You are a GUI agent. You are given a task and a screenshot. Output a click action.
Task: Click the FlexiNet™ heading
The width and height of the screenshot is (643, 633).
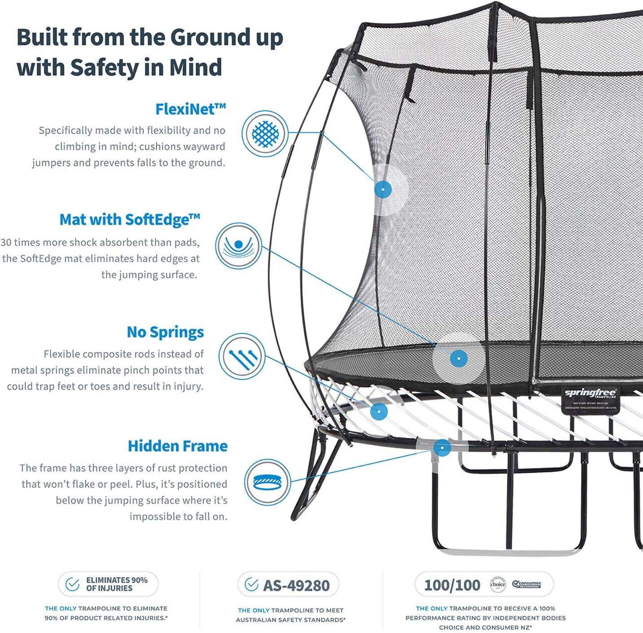click(x=190, y=109)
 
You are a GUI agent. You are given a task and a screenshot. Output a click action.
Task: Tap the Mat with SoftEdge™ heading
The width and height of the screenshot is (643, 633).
click(x=130, y=219)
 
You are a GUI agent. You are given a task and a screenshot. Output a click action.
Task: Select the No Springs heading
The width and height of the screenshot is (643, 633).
click(x=165, y=332)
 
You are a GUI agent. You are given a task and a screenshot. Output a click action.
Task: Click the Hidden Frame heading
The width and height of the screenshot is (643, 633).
click(x=177, y=446)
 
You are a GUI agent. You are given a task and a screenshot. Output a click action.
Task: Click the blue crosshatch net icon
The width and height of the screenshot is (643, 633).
click(x=265, y=134)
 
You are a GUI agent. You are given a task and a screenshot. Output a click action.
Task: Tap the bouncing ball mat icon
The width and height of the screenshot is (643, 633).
click(x=238, y=245)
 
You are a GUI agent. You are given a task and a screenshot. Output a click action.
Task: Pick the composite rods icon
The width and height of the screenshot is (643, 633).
click(x=242, y=356)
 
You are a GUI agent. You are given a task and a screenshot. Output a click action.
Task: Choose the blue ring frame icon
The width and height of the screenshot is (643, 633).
click(x=268, y=482)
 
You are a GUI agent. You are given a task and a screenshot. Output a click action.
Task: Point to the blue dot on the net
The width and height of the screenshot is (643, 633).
click(x=383, y=189)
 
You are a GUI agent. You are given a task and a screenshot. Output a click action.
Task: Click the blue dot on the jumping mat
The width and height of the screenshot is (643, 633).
click(x=458, y=358)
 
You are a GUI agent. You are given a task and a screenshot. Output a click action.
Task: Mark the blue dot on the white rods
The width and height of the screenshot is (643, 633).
click(x=379, y=410)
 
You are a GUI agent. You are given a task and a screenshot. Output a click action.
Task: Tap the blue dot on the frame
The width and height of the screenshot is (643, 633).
click(x=442, y=447)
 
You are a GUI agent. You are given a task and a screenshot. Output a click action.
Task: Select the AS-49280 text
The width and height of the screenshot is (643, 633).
click(x=296, y=585)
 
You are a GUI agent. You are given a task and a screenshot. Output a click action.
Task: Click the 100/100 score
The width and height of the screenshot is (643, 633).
click(x=452, y=585)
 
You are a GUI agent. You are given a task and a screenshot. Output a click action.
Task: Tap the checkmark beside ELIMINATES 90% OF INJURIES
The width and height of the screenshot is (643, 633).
click(x=72, y=584)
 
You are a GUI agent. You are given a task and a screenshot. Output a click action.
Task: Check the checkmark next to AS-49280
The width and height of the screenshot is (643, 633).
click(x=251, y=584)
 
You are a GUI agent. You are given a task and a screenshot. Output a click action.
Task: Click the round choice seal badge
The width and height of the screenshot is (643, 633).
click(x=498, y=585)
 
